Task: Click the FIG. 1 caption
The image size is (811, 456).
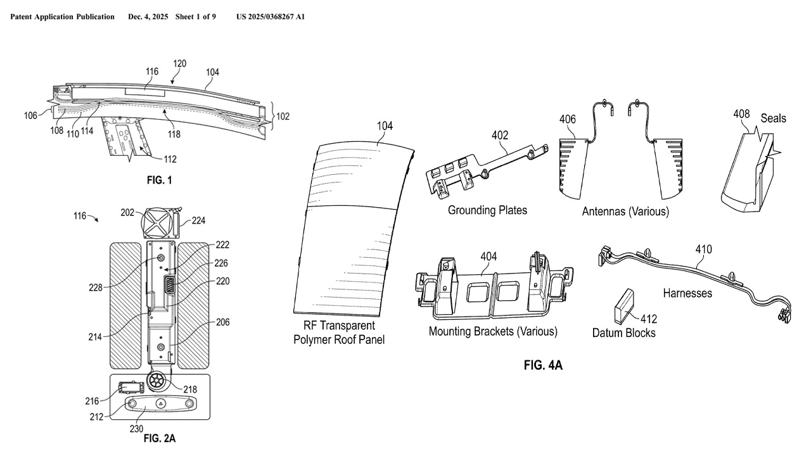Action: click(x=159, y=180)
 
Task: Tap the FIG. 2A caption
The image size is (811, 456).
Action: click(x=160, y=438)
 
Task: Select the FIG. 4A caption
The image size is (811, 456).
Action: click(x=543, y=365)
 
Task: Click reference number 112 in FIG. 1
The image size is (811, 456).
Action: click(x=170, y=159)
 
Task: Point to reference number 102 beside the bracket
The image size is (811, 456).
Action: click(x=283, y=117)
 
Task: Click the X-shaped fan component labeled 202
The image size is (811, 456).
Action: click(x=158, y=222)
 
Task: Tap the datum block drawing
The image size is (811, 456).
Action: click(x=624, y=306)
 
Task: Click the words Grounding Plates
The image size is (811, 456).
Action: click(x=487, y=210)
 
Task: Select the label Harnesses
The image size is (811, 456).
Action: click(x=687, y=293)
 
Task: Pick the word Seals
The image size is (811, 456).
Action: click(x=774, y=118)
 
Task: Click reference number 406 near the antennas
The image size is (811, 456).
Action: click(x=567, y=119)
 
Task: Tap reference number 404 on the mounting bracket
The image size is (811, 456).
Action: click(x=489, y=256)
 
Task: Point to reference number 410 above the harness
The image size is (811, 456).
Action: click(x=703, y=250)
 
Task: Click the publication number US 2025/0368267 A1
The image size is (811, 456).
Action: click(x=271, y=16)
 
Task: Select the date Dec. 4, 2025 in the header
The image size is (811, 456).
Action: click(x=148, y=16)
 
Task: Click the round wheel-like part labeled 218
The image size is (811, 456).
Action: click(x=157, y=381)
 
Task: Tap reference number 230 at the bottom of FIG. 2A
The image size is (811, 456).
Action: click(x=136, y=429)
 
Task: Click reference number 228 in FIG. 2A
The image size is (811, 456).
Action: click(x=96, y=288)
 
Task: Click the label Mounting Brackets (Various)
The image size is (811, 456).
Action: click(x=493, y=331)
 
